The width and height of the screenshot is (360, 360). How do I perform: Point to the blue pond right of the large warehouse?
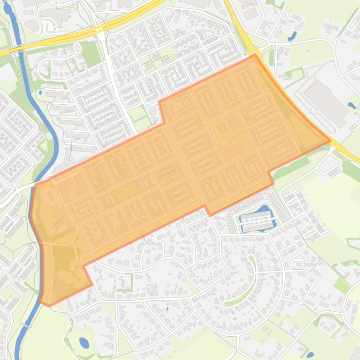pos(351,105)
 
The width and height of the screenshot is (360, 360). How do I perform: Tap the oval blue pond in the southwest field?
pos(84,343)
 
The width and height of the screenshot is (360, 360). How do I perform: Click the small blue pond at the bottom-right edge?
pos(310,355)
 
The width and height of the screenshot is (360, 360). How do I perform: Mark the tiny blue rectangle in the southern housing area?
pos(167,309)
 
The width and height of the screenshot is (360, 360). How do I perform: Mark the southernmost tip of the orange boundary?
pos(49,306)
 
